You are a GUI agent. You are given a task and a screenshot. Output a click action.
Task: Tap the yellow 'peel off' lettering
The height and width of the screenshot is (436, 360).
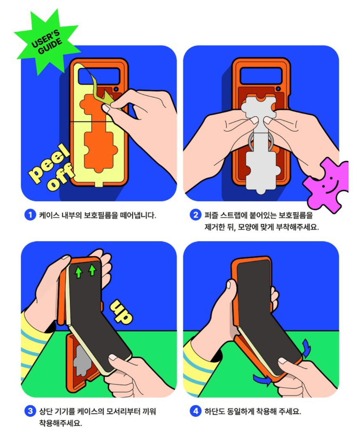(51, 167)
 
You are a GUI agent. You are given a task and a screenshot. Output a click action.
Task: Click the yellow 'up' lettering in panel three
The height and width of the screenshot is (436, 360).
(121, 312)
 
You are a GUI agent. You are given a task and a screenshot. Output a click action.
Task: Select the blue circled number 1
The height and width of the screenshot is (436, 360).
(30, 215)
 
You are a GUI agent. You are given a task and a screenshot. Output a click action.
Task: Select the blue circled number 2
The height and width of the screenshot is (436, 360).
(196, 215)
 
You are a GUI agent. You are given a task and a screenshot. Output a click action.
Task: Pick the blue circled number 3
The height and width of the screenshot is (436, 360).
(30, 411)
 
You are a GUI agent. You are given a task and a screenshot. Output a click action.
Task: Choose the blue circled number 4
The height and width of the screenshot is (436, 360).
(196, 411)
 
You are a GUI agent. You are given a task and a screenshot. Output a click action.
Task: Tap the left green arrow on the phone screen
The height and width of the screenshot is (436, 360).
(79, 272)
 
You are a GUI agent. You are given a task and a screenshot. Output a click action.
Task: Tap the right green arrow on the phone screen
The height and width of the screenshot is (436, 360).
(92, 270)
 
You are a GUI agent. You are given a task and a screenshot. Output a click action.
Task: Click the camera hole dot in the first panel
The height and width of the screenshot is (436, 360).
(116, 89)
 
